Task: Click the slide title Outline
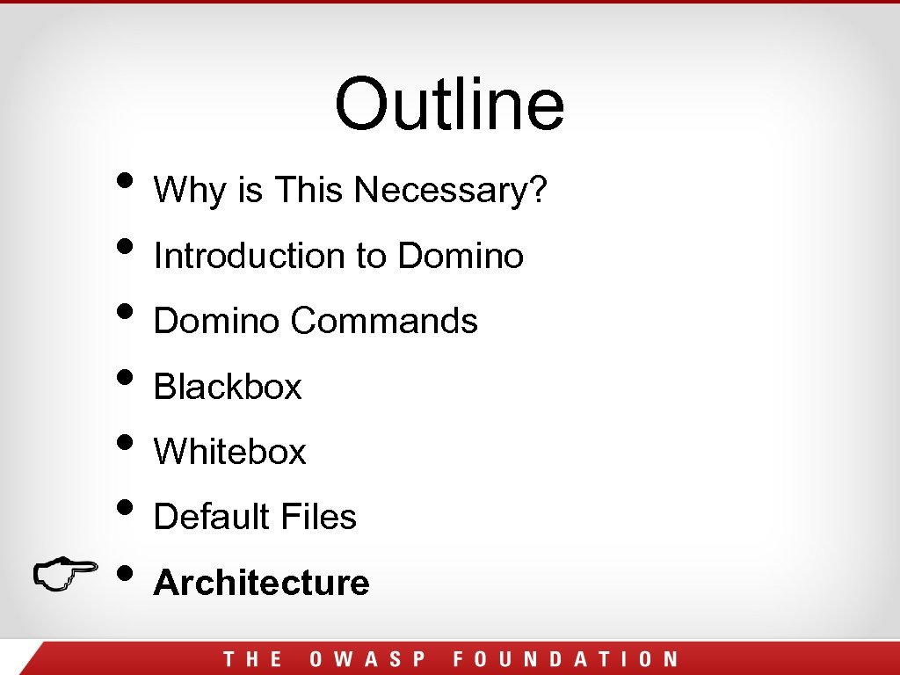449,103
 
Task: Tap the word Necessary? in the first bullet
452,190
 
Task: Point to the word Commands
384,321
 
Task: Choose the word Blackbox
228,387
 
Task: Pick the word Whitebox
230,452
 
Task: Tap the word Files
317,517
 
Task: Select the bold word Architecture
262,583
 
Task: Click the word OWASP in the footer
368,659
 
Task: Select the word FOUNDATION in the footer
565,659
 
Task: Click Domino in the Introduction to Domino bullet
461,256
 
